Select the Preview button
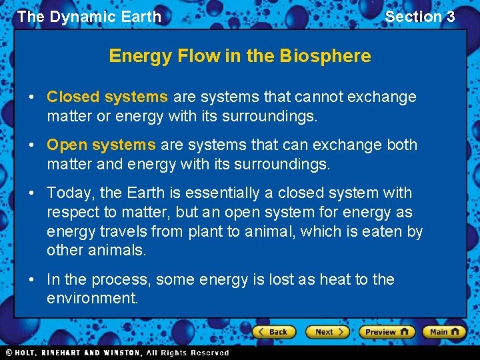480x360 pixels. (x=387, y=331)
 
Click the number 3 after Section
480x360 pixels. (x=450, y=17)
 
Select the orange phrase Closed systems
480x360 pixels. (x=107, y=97)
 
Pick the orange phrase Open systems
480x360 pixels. (x=101, y=145)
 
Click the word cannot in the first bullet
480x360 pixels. (x=317, y=97)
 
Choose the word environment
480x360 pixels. (x=91, y=298)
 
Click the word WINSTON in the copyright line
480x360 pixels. (x=118, y=353)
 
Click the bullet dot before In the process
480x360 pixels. (x=33, y=279)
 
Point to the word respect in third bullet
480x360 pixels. (x=71, y=212)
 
